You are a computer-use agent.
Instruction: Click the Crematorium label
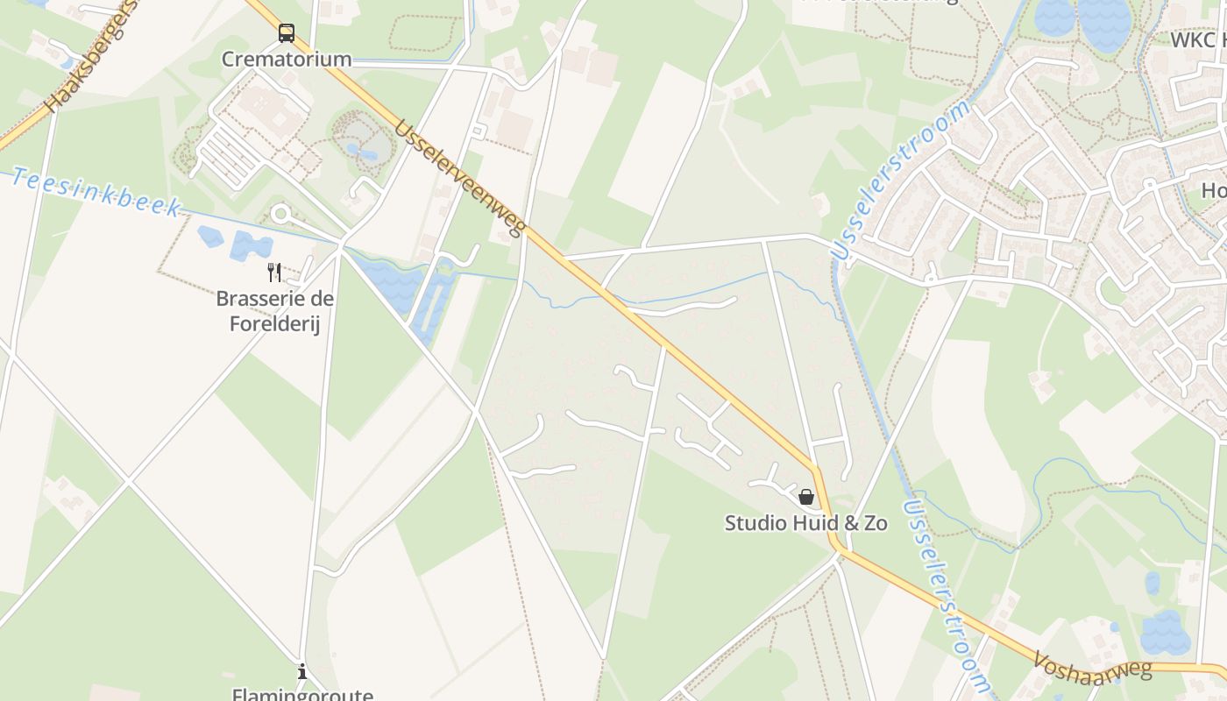coord(286,59)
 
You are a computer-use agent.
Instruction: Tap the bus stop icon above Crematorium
coord(287,33)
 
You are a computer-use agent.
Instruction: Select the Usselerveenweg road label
coord(459,179)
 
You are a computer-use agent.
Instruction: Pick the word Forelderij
coord(275,322)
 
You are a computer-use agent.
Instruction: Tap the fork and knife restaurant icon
coord(274,272)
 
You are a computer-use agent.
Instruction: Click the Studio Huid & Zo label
coord(805,523)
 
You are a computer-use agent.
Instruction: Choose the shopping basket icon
coord(806,497)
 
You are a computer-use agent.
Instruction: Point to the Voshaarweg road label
coord(1091,666)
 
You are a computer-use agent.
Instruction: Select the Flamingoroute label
coord(302,694)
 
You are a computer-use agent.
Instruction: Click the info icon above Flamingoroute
coord(302,672)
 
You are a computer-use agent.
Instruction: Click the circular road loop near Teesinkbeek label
coord(281,213)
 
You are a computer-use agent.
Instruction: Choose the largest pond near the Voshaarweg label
coord(1166,633)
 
